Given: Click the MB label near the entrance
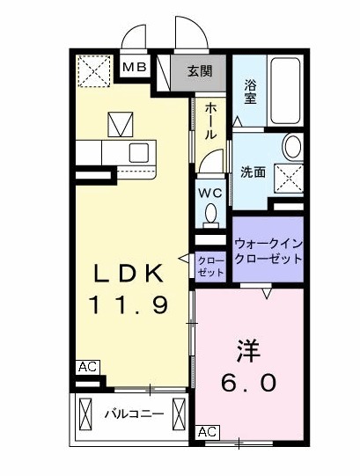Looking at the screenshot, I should tap(134, 66).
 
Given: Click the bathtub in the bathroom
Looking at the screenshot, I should tap(285, 91).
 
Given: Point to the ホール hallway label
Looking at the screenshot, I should tap(211, 122).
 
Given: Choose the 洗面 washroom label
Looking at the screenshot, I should tap(254, 172).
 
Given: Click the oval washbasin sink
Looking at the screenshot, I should tap(292, 146).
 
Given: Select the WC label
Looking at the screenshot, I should tap(210, 193).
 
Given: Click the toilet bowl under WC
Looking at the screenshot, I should tap(211, 214).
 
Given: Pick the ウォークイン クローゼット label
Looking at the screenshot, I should tap(268, 252).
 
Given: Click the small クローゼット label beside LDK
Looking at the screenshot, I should tap(209, 266).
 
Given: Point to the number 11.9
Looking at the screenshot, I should tap(128, 305).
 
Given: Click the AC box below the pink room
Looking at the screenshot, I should tap(207, 431).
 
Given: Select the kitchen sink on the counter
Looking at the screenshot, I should tap(139, 151).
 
